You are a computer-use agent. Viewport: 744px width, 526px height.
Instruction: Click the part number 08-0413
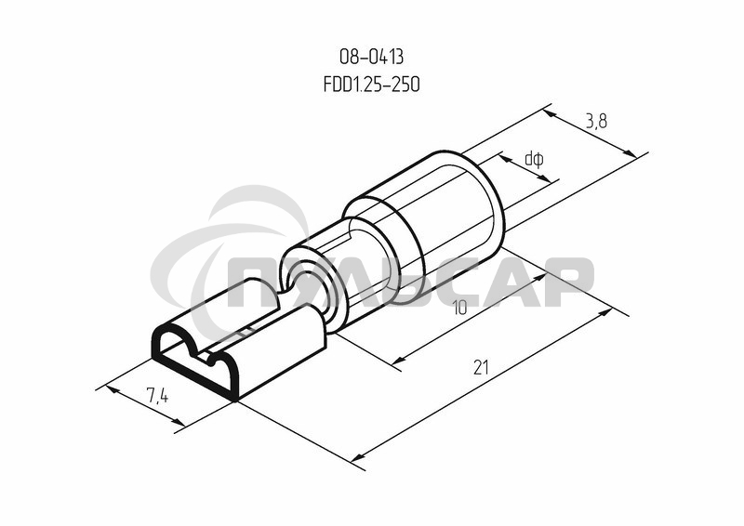coord(371,59)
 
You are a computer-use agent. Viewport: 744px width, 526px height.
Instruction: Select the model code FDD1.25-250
coord(371,85)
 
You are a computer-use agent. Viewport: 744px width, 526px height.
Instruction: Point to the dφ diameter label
coord(534,159)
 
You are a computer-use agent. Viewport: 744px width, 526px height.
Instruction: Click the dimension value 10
coord(458,308)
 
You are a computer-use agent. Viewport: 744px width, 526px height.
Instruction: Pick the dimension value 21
coord(480,368)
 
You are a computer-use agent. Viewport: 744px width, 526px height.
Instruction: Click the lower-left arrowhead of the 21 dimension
coord(362,454)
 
